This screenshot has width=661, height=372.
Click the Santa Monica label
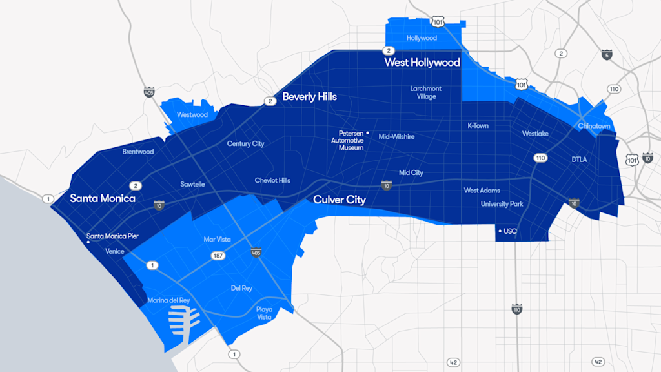103,198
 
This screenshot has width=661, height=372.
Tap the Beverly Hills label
309,97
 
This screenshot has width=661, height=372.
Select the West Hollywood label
422,63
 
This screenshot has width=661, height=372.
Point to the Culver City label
340,200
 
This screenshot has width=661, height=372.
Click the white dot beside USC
500,231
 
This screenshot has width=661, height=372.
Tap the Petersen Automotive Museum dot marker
367,133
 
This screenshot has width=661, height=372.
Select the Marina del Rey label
168,300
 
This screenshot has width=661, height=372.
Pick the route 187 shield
218,256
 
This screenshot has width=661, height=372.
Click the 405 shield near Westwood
149,92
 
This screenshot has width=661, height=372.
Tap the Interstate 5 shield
606,55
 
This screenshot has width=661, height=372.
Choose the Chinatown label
594,126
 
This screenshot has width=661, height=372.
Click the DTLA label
579,159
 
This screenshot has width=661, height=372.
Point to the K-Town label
478,125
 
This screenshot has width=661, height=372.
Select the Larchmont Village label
426,92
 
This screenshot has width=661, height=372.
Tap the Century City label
245,143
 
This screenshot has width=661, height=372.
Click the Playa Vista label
264,313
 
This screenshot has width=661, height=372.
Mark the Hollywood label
422,38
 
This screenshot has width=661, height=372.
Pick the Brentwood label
138,152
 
